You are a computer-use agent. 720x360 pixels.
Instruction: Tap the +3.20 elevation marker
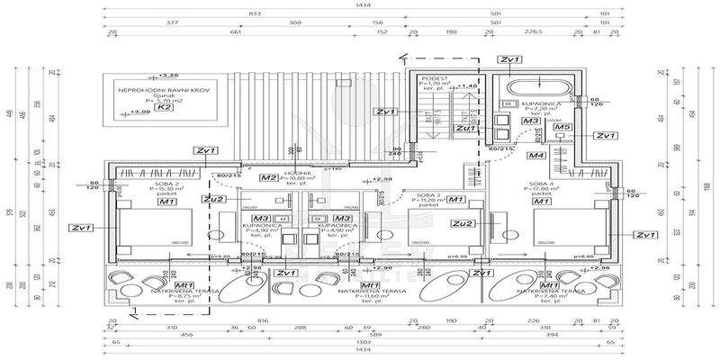167,75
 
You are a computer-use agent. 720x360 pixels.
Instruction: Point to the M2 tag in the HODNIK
268,178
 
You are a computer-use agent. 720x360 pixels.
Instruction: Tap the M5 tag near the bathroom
562,128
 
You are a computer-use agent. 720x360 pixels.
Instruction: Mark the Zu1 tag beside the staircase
465,129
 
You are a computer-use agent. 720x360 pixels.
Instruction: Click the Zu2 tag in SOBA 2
214,199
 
